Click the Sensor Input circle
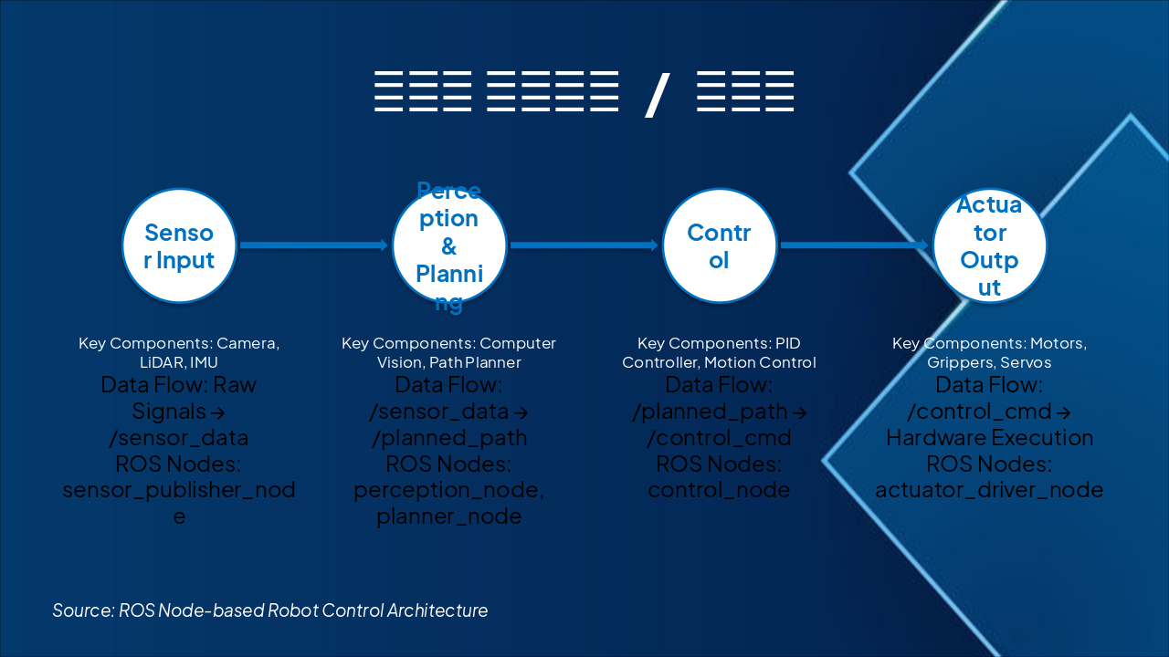click(x=179, y=245)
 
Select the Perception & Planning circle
click(x=448, y=245)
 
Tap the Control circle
click(x=719, y=245)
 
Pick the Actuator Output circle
click(x=989, y=245)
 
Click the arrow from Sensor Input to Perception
click(x=313, y=245)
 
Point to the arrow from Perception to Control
click(x=584, y=245)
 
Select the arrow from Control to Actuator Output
click(x=854, y=245)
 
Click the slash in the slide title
click(x=657, y=93)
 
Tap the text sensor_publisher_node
click(x=179, y=490)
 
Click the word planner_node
click(x=448, y=516)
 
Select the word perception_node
click(x=447, y=490)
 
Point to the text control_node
click(x=719, y=490)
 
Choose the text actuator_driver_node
click(x=989, y=490)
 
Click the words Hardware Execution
click(x=989, y=437)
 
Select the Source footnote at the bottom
click(x=270, y=610)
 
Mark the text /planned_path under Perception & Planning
click(x=448, y=437)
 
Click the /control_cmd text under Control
click(x=719, y=437)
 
